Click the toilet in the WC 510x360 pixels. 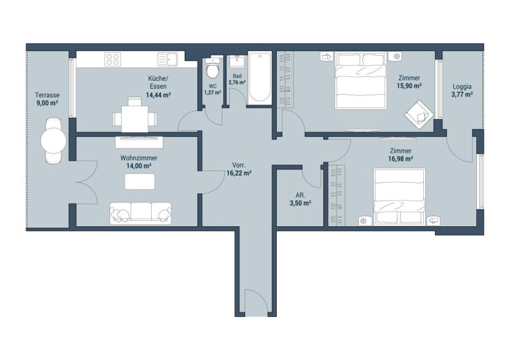click(213, 68)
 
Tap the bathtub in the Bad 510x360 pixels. click(260, 77)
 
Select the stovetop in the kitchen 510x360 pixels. click(113, 60)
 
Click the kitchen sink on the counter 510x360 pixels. click(168, 60)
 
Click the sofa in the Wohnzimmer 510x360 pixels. click(140, 213)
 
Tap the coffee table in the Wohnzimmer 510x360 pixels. click(140, 181)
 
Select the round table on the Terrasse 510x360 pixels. click(54, 141)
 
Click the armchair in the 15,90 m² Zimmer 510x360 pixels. click(419, 114)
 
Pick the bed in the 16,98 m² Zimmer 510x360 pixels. click(399, 197)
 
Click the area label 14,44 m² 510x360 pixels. click(158, 95)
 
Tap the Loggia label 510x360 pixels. click(462, 87)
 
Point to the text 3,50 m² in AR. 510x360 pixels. click(300, 203)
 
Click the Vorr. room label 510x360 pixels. click(238, 165)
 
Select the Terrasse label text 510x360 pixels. click(47, 95)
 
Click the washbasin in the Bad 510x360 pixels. click(237, 60)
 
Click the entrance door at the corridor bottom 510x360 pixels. click(256, 303)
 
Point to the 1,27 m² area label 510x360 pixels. click(213, 93)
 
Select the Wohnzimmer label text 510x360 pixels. click(139, 158)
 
